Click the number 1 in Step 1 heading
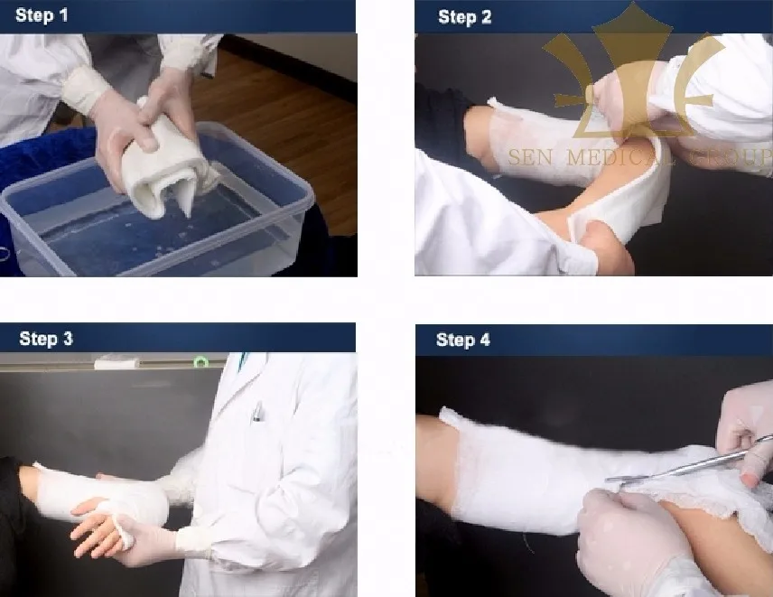pos(62,15)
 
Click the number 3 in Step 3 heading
pos(67,340)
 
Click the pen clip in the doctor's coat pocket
pos(257,412)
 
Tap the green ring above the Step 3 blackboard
pos(200,362)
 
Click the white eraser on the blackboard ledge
pos(116,363)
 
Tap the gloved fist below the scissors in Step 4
pos(623,542)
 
